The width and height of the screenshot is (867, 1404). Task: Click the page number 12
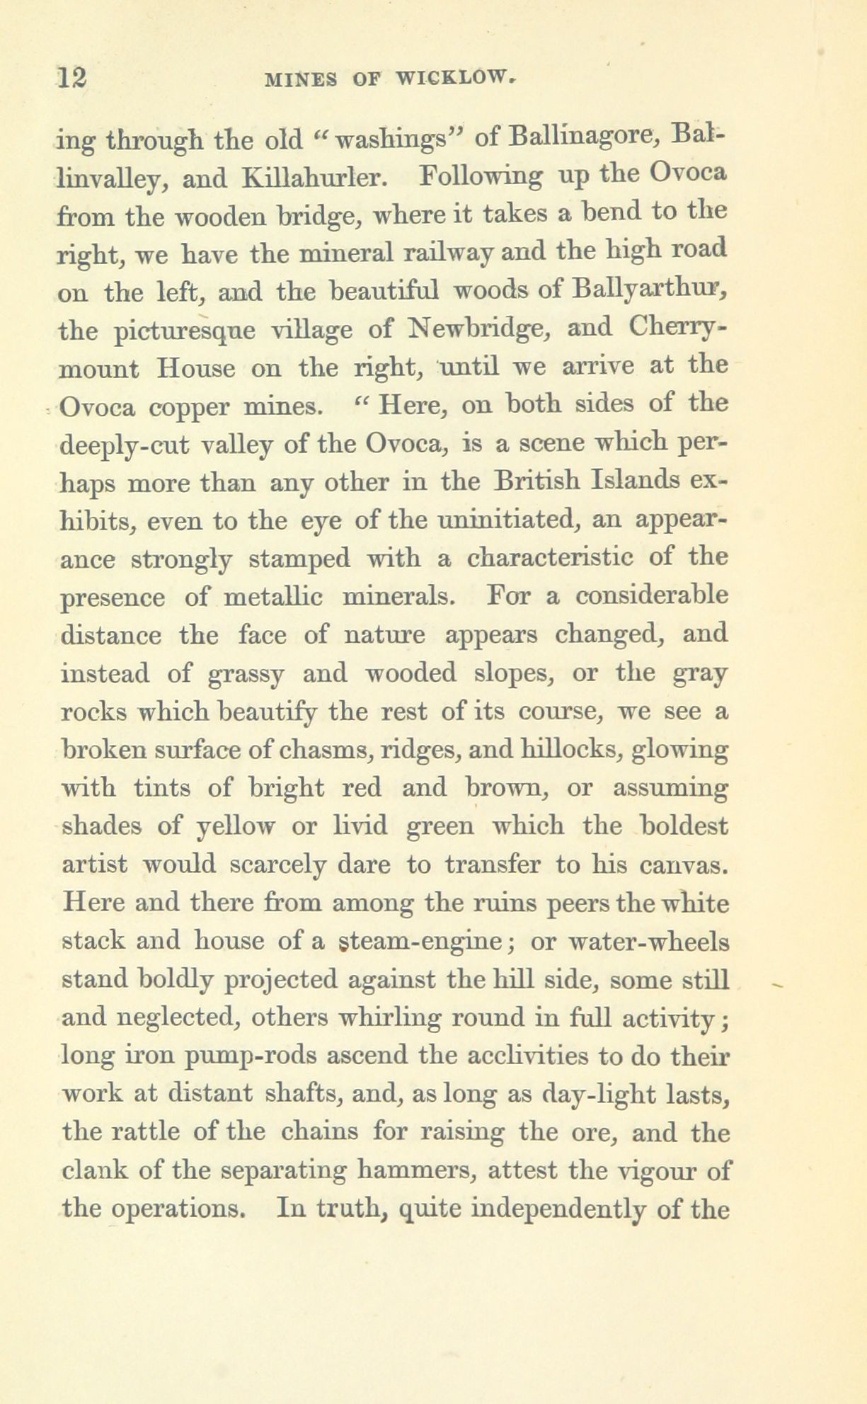pyautogui.click(x=74, y=77)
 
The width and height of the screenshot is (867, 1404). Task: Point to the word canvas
pyautogui.click(x=678, y=864)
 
